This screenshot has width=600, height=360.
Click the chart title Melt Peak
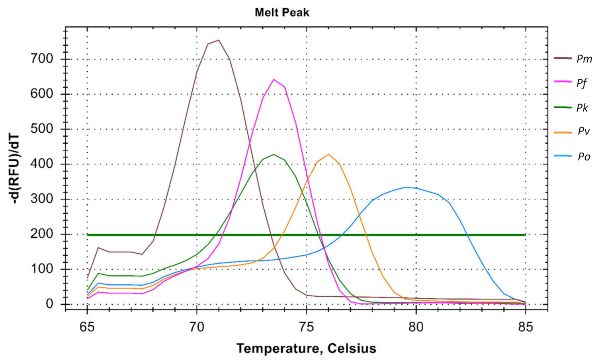282,12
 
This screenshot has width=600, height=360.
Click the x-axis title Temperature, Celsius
306,348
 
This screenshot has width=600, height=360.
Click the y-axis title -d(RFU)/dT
15,169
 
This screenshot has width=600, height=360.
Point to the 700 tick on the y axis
42,59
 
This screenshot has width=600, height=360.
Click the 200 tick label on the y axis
42,234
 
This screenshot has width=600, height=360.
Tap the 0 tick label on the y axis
49,304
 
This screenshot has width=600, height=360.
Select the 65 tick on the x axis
87,327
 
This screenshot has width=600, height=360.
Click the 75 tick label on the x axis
307,327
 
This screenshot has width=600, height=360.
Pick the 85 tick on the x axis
526,327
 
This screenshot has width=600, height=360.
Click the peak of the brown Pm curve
219,40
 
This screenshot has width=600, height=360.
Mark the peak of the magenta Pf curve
274,79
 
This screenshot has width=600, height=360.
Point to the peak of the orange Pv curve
328,154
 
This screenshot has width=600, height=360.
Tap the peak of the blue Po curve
405,187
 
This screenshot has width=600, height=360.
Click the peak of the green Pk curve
274,154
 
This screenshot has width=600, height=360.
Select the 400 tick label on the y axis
42,164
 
